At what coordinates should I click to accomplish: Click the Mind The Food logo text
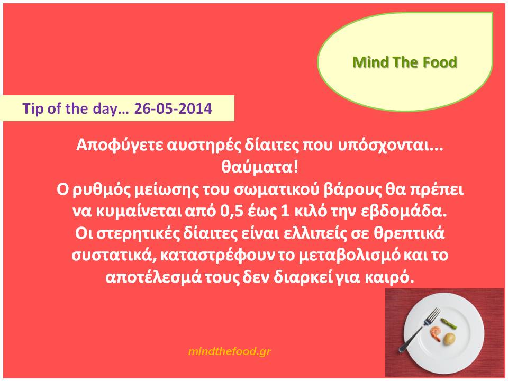[x=405, y=62]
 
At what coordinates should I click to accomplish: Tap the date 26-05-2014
[x=173, y=108]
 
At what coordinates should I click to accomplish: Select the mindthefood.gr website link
[x=229, y=351]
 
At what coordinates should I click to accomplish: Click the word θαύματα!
[x=259, y=167]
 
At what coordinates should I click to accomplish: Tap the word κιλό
[x=309, y=212]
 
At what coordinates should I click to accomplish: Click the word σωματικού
[x=277, y=190]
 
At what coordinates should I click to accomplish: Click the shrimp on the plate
[x=436, y=333]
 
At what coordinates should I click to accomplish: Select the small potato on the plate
[x=449, y=339]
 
